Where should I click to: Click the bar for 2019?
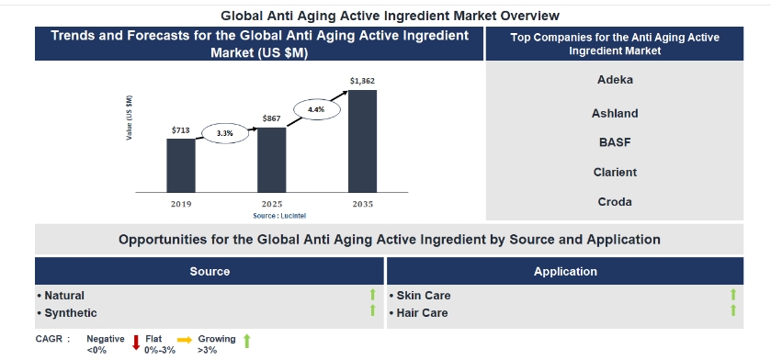click(181, 165)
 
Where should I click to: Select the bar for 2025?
click(271, 160)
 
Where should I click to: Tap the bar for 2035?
click(362, 141)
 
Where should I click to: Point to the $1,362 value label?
click(362, 81)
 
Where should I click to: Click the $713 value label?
click(180, 130)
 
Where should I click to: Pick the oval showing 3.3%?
click(225, 133)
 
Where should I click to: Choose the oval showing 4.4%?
click(317, 109)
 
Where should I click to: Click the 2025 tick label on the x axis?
click(271, 204)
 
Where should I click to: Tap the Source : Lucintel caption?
click(277, 216)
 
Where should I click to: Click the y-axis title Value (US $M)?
click(129, 118)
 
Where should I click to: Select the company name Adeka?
click(615, 80)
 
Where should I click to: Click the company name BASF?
click(615, 142)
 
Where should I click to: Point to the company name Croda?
click(615, 202)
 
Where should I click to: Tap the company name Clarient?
click(615, 173)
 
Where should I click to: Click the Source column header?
click(210, 272)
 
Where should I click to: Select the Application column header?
click(565, 272)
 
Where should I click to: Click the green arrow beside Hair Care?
click(733, 309)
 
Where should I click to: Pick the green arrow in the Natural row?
click(373, 294)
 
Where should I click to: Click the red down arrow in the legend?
click(136, 343)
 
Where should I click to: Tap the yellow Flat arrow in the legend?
click(185, 340)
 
